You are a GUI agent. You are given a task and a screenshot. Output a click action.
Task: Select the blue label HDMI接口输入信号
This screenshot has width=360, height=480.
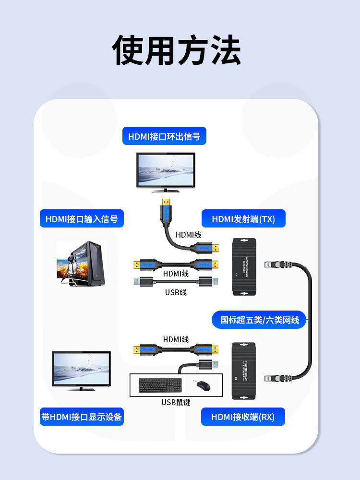click(x=82, y=219)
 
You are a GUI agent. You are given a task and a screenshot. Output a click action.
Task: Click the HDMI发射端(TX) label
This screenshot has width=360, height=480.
click(x=243, y=219)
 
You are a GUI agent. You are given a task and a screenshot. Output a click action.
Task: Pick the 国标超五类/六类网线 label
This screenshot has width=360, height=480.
click(x=259, y=320)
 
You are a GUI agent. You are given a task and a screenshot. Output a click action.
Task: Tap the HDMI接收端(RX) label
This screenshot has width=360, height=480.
click(x=243, y=417)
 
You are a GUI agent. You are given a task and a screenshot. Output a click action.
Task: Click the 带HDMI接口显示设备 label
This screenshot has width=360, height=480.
click(x=82, y=417)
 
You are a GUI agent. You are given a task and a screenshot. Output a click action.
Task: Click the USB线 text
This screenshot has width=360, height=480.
click(x=176, y=292)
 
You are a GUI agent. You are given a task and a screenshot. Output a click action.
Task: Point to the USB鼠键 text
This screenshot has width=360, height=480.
click(x=176, y=402)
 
